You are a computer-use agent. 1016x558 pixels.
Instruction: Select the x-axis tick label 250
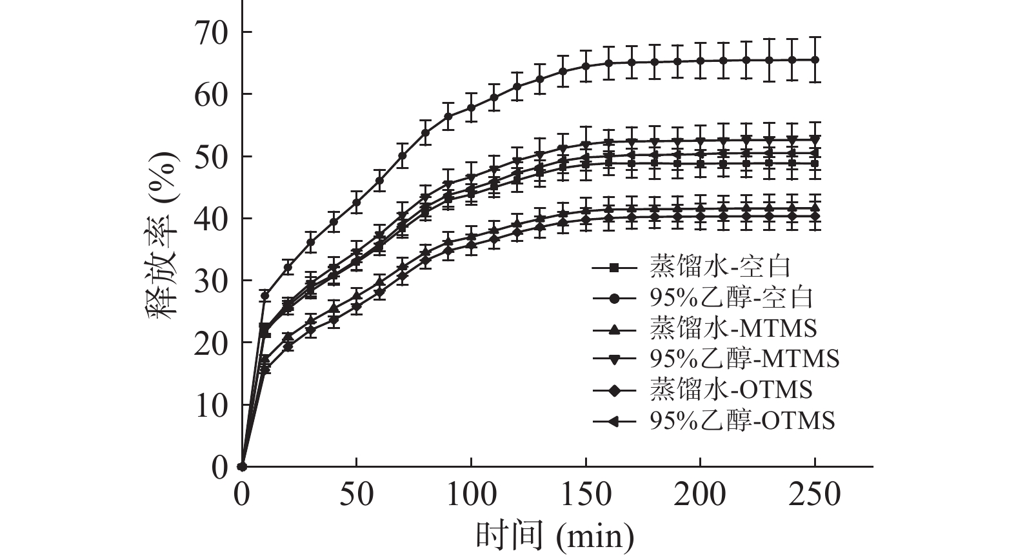[x=815, y=495]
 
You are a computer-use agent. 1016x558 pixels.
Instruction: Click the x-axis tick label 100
[x=471, y=495]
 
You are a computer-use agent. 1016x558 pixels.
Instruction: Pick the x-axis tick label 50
[x=356, y=495]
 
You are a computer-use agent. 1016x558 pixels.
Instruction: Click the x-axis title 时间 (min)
[x=555, y=535]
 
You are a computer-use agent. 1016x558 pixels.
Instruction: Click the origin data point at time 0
[x=242, y=466]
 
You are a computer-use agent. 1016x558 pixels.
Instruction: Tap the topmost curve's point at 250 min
[x=815, y=60]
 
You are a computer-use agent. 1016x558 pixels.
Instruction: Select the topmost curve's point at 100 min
[x=471, y=108]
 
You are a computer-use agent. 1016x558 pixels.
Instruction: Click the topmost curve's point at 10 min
[x=264, y=295]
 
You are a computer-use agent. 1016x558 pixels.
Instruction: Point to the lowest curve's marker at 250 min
[x=815, y=217]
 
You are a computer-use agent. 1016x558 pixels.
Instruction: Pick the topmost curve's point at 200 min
[x=700, y=61]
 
